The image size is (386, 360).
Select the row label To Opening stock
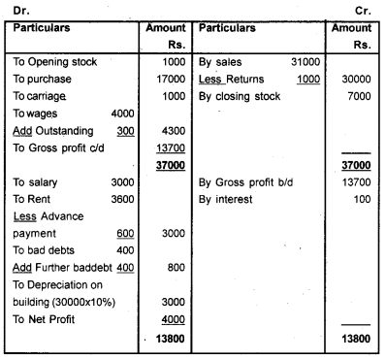click(55, 62)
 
